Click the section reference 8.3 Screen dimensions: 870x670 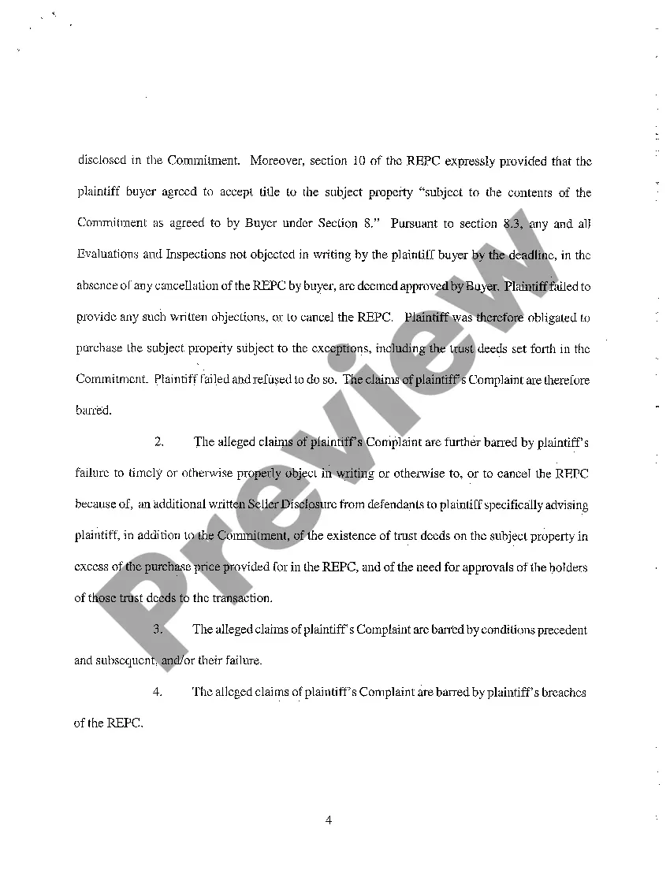tap(512, 224)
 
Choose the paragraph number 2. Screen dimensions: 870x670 tap(159, 442)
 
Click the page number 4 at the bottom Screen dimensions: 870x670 tap(329, 820)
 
